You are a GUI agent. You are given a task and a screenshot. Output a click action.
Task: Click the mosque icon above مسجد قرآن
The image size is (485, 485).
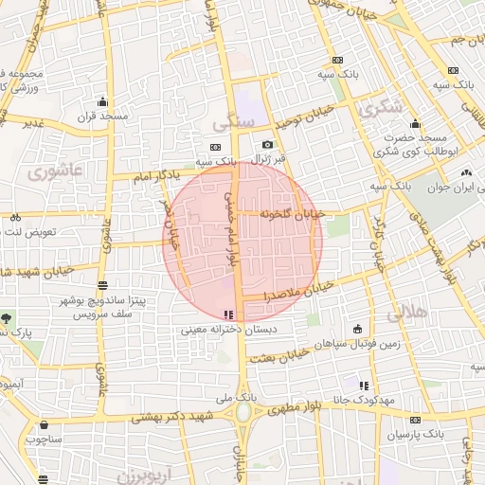[x=101, y=101]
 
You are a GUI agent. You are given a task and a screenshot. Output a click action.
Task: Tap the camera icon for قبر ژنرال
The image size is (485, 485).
[x=268, y=144]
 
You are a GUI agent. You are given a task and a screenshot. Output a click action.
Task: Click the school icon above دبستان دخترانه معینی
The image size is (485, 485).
[x=226, y=314]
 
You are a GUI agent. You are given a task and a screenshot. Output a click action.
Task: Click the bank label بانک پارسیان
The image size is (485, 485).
[x=416, y=434]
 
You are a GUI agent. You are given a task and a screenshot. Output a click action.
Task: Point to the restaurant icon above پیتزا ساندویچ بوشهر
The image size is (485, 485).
[x=102, y=284]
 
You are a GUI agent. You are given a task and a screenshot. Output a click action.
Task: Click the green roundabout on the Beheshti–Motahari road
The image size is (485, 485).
[x=243, y=413]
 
